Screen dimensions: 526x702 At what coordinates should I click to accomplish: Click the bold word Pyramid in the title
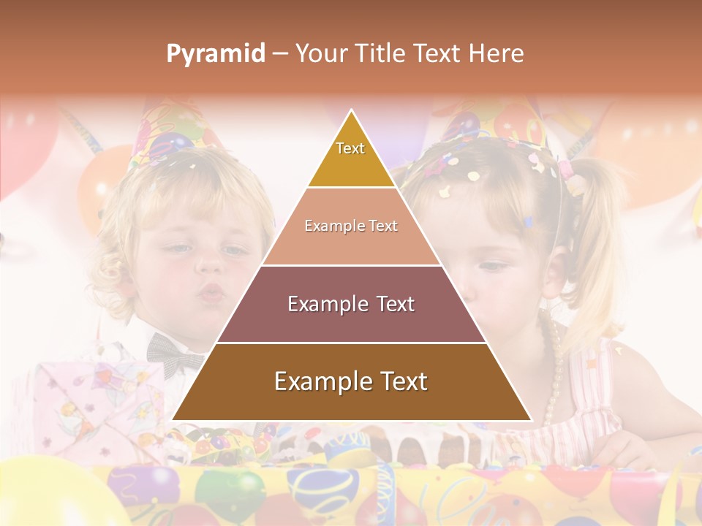pyautogui.click(x=215, y=53)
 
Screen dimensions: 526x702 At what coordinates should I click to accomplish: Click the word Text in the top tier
pyautogui.click(x=350, y=148)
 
